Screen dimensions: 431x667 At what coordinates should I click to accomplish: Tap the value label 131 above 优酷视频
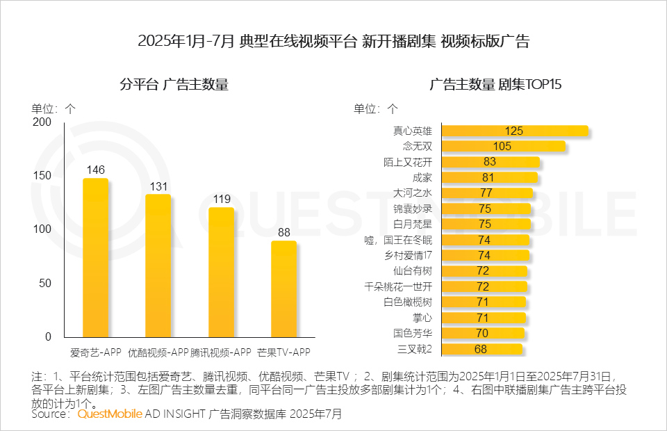(x=158, y=186)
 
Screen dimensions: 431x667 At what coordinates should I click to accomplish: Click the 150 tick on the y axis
(x=42, y=175)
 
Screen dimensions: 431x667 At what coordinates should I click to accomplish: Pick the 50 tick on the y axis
(x=45, y=283)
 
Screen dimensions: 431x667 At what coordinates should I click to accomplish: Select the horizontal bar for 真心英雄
(x=515, y=131)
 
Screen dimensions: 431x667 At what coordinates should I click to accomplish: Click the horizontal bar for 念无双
(x=503, y=146)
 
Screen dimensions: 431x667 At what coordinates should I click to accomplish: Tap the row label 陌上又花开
(x=412, y=162)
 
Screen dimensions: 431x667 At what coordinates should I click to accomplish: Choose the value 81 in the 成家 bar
(x=488, y=177)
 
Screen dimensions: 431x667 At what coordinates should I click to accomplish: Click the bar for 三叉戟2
(x=481, y=348)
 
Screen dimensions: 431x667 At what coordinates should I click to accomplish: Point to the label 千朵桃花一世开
(x=402, y=286)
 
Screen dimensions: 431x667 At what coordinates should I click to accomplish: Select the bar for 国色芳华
(x=483, y=333)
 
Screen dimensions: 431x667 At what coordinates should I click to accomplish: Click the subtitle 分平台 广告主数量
(x=174, y=85)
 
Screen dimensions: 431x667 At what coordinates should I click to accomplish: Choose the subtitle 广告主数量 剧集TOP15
(x=495, y=85)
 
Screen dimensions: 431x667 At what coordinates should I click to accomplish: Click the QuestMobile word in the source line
(x=109, y=414)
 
